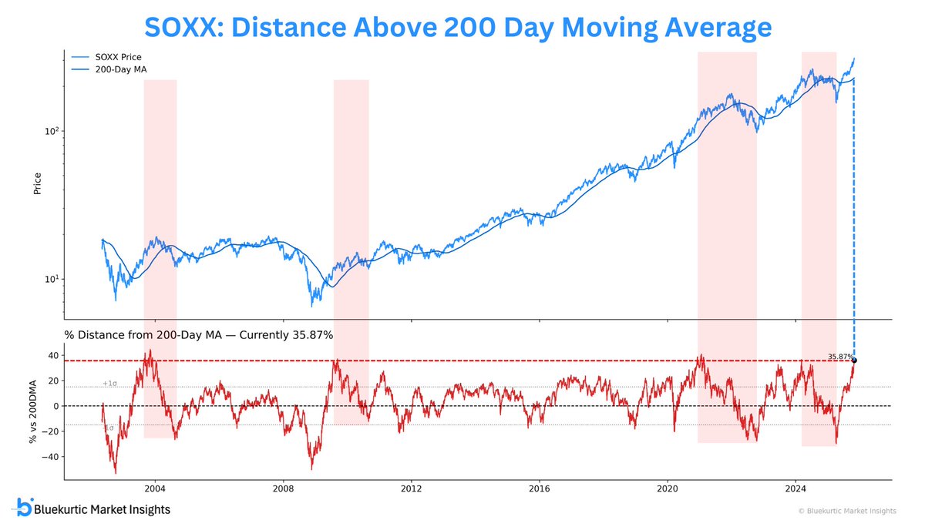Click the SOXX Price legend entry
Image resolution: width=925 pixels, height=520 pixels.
pyautogui.click(x=119, y=57)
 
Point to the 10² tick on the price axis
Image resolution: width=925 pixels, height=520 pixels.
pyautogui.click(x=52, y=131)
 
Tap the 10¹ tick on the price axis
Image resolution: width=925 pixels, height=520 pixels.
pyautogui.click(x=52, y=279)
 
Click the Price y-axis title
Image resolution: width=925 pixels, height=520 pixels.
pyautogui.click(x=36, y=183)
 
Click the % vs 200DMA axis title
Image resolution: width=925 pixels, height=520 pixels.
pyautogui.click(x=33, y=406)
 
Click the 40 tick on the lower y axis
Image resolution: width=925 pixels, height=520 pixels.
pyautogui.click(x=53, y=355)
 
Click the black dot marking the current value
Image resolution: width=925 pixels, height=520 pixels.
pyautogui.click(x=853, y=361)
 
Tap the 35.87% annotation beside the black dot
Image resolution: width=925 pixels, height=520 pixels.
pyautogui.click(x=839, y=356)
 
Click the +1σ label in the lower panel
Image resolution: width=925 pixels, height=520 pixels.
pyautogui.click(x=109, y=384)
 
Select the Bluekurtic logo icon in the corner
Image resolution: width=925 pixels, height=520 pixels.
pyautogui.click(x=24, y=508)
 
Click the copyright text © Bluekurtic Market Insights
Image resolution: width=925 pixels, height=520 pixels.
pyautogui.click(x=837, y=511)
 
